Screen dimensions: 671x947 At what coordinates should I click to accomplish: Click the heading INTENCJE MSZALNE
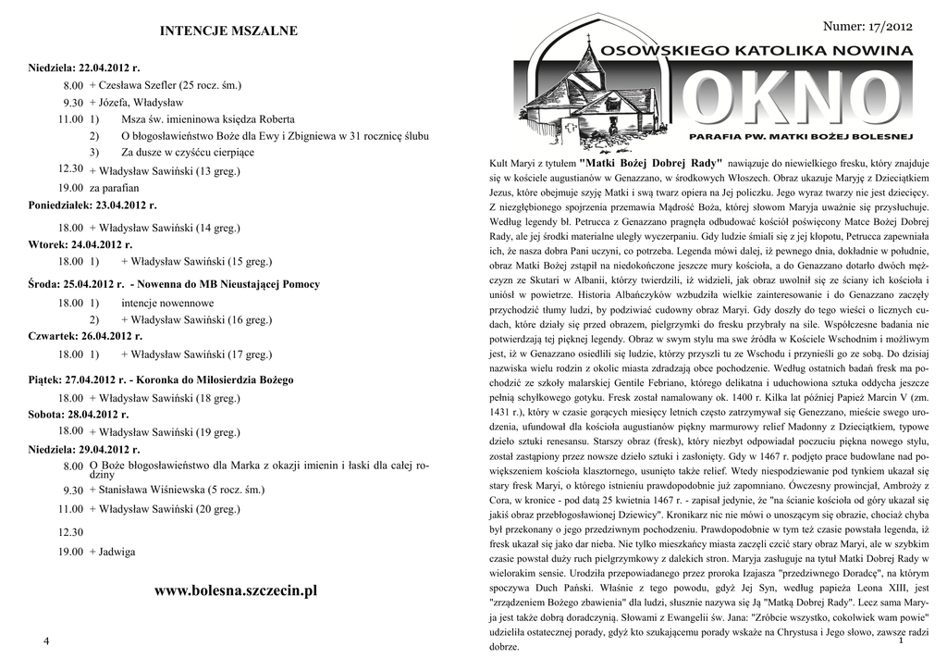(229, 31)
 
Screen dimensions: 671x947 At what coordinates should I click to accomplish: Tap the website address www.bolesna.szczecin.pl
(236, 590)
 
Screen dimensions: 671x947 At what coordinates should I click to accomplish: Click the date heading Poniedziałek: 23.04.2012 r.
(92, 204)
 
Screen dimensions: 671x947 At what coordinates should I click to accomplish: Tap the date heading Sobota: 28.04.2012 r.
(79, 414)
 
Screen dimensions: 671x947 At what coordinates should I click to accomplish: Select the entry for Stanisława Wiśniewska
(176, 489)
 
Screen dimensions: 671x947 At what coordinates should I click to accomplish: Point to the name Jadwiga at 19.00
(117, 552)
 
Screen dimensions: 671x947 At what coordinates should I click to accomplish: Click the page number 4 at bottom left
(45, 642)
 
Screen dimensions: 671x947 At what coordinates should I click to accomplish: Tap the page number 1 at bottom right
(899, 640)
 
